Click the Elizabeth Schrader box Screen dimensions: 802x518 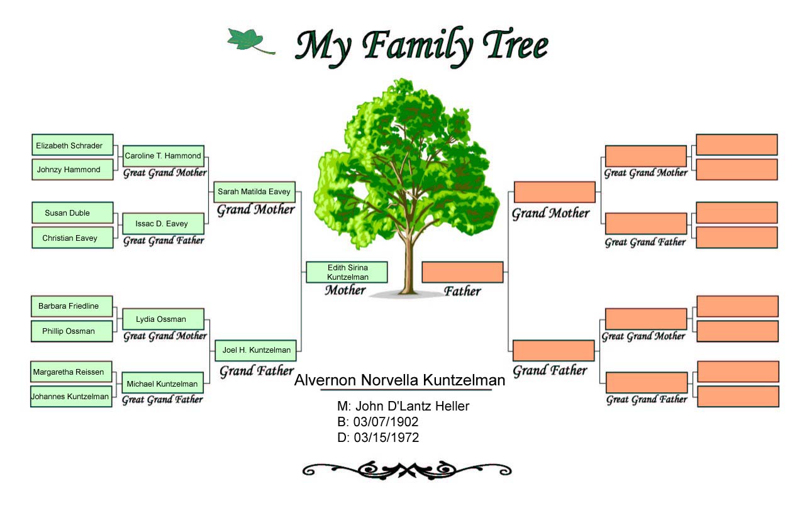[x=73, y=145]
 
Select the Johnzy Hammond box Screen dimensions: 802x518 [x=73, y=170]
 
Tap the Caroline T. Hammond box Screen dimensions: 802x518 [x=164, y=156]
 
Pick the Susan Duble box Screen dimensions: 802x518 [x=73, y=213]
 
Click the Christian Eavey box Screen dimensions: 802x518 [x=73, y=238]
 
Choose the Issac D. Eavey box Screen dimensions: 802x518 [x=164, y=224]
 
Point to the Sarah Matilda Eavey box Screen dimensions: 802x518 [x=255, y=192]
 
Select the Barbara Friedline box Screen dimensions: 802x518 [x=72, y=306]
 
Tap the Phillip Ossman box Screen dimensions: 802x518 [x=72, y=331]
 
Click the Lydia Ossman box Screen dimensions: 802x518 [x=164, y=319]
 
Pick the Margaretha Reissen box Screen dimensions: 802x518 [x=71, y=372]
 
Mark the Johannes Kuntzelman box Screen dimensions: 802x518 [x=71, y=397]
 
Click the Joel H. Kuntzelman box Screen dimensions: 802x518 [x=255, y=351]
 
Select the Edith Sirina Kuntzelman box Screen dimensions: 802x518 [x=347, y=272]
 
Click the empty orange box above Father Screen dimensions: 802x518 [x=462, y=272]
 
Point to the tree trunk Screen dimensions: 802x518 [x=408, y=265]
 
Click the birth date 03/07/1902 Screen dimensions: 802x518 [x=386, y=422]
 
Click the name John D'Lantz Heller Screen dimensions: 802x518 [x=412, y=406]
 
